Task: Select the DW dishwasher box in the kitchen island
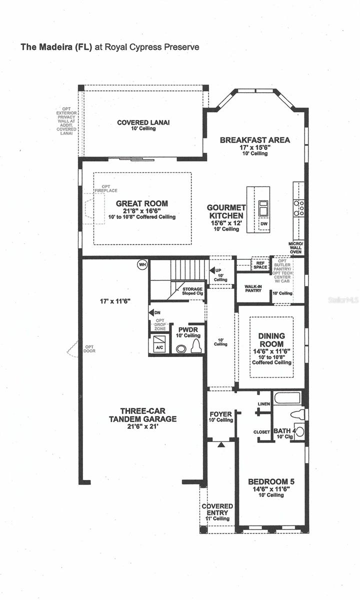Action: (264, 224)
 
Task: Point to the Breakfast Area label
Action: (255, 140)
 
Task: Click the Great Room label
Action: (142, 203)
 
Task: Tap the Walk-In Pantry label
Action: (254, 287)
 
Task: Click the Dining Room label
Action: (271, 340)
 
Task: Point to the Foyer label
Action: (220, 414)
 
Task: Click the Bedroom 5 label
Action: (271, 482)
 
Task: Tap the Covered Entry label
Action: (217, 509)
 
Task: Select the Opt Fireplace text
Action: (103, 188)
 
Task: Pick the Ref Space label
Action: (260, 265)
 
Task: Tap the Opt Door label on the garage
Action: (89, 348)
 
